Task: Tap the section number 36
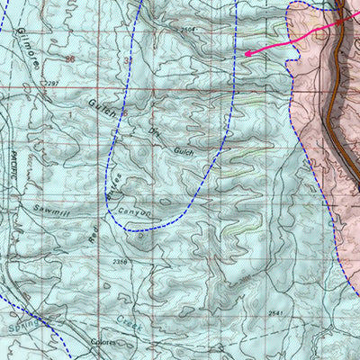point(70,57)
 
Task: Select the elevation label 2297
point(51,84)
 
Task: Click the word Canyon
point(136,211)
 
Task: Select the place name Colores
point(103,343)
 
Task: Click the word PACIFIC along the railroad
point(15,165)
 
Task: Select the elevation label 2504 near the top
point(188,31)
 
